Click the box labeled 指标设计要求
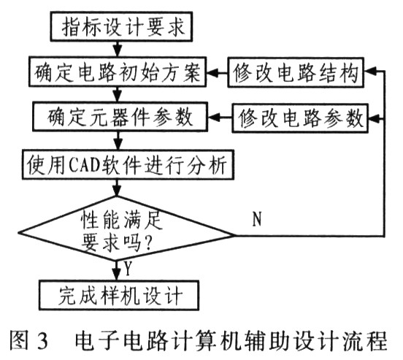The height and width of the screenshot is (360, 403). click(x=118, y=28)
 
